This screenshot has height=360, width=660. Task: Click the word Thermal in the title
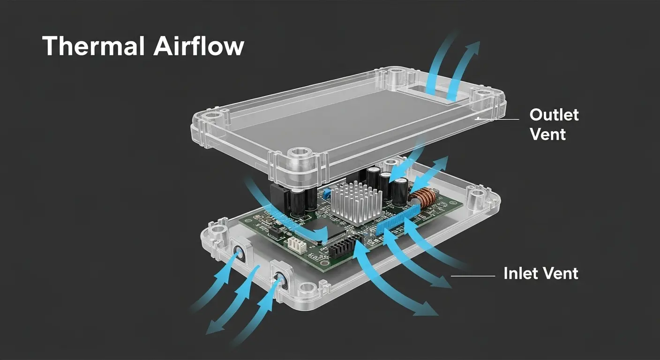(x=91, y=46)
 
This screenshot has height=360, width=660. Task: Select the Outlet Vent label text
(x=554, y=124)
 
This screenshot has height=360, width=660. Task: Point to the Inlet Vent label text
(x=540, y=273)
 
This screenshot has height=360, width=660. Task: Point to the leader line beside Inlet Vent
(x=472, y=276)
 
